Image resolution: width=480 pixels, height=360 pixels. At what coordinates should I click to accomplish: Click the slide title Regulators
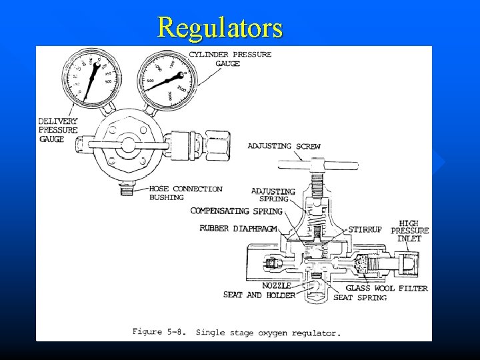220,28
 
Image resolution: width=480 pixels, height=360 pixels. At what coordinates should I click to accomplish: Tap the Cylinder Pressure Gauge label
230,59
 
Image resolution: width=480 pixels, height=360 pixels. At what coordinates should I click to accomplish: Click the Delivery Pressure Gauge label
58,130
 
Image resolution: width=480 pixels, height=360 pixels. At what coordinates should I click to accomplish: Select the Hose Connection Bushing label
185,193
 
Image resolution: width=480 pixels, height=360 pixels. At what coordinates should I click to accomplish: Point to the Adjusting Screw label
284,146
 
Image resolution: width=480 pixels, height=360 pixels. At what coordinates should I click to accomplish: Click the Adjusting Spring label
273,195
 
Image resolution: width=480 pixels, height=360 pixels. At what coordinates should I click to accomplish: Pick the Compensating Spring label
237,211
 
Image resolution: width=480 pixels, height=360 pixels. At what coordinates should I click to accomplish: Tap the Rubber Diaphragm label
242,229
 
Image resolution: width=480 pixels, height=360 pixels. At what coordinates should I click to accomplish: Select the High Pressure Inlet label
414,230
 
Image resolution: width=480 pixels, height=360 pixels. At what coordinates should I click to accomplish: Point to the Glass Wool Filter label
387,288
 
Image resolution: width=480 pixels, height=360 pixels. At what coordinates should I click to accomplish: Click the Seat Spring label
360,297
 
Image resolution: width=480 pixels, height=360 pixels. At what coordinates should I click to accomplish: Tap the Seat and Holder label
259,295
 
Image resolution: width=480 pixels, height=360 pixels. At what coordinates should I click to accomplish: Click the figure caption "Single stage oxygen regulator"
268,332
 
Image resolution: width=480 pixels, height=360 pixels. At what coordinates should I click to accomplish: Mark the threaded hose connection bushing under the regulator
124,191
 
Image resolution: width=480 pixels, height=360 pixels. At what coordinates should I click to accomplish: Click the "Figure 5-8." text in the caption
161,331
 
